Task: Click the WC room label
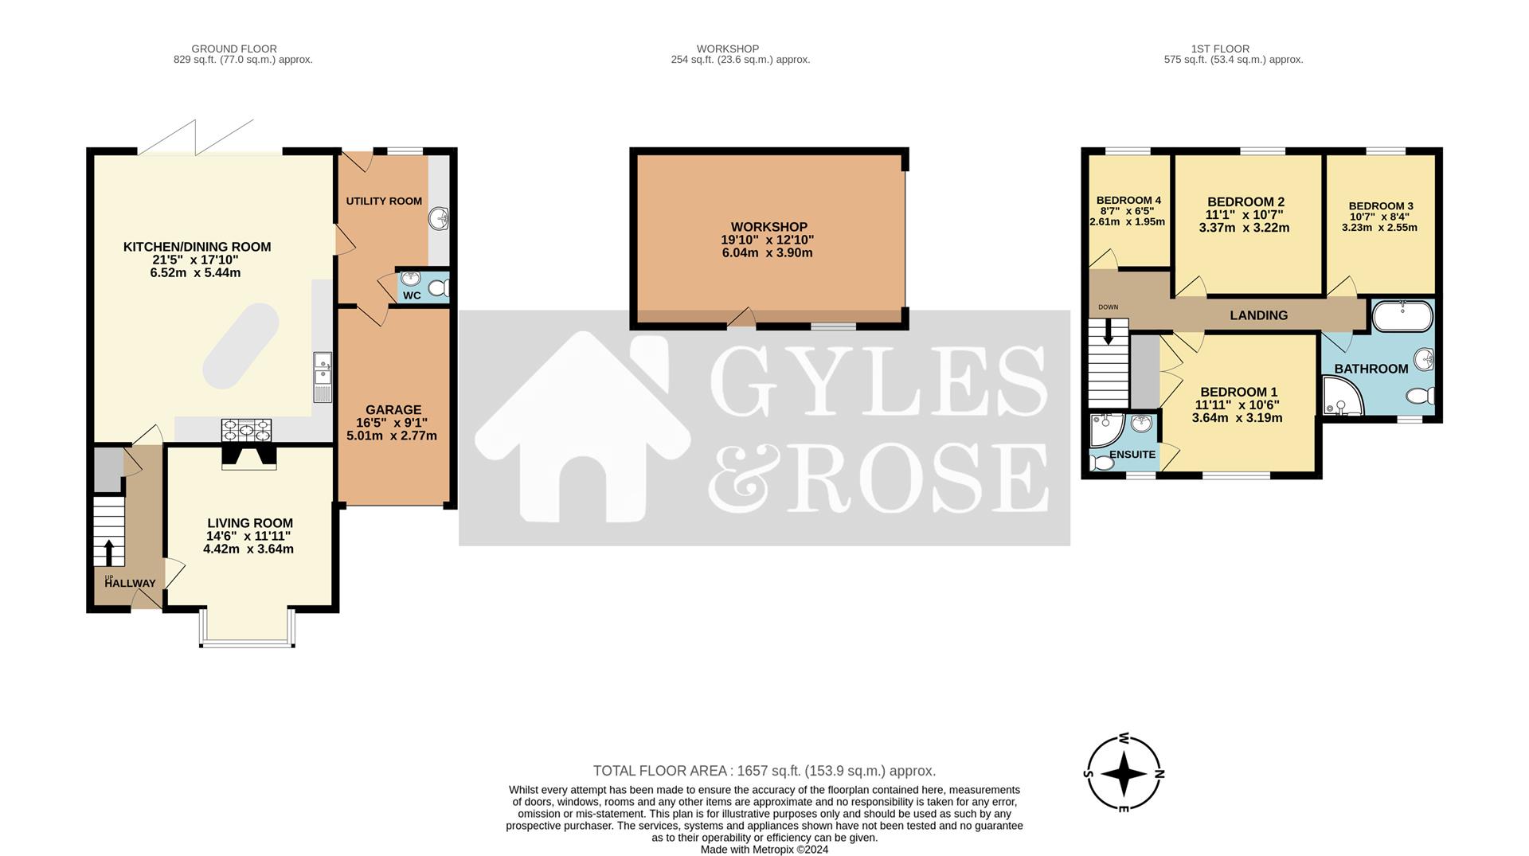tap(412, 295)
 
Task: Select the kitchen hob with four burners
tap(246, 431)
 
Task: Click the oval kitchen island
tap(240, 346)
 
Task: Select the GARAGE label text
tap(393, 410)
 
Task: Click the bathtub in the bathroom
tap(1402, 315)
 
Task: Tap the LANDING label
tap(1258, 315)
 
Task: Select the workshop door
tap(742, 319)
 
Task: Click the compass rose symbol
tap(1124, 773)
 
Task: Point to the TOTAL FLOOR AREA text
tap(764, 771)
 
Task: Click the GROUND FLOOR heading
tap(234, 49)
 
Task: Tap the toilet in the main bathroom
tap(1420, 396)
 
